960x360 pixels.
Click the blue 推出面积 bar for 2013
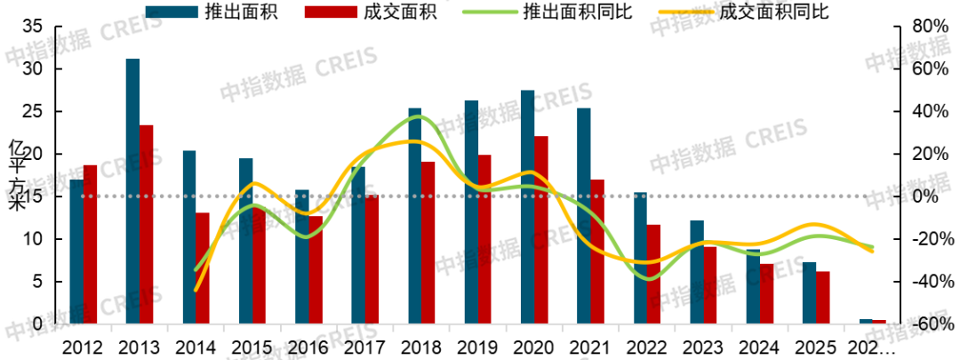tap(132, 191)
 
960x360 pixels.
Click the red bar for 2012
tap(90, 244)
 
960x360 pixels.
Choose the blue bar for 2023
tap(697, 272)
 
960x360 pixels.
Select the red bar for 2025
tap(823, 298)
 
